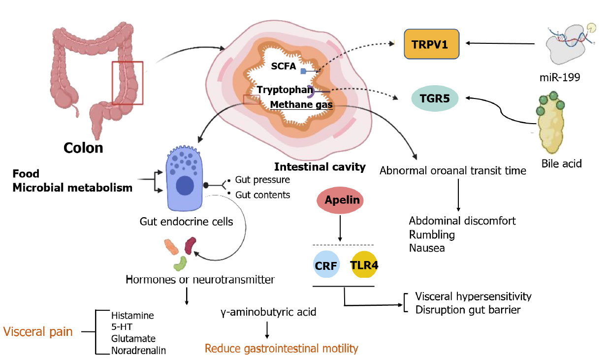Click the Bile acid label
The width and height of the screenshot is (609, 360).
click(x=561, y=163)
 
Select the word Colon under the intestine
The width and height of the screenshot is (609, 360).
click(x=84, y=147)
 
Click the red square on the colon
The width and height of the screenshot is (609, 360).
click(x=128, y=83)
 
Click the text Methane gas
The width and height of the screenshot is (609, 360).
click(x=301, y=105)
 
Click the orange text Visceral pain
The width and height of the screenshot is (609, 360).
click(x=38, y=331)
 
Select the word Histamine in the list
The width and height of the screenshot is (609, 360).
click(x=132, y=316)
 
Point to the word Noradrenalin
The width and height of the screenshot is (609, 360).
click(x=138, y=351)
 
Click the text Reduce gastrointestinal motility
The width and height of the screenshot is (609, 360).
click(x=281, y=349)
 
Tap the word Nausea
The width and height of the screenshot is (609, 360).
click(x=427, y=248)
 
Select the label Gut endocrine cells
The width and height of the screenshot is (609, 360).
click(x=186, y=222)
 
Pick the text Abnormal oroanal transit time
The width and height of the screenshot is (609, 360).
click(x=453, y=171)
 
